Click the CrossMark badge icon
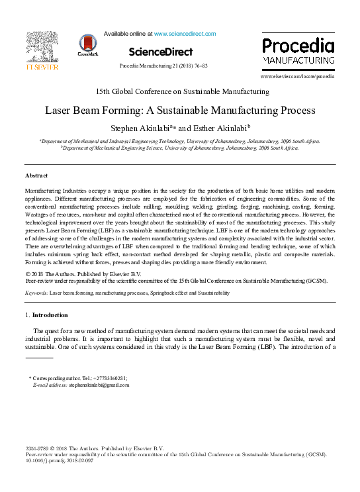tap(87, 44)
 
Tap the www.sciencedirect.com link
tap(185, 33)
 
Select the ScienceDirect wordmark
tap(161, 52)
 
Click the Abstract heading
tap(36, 175)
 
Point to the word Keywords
tap(36, 292)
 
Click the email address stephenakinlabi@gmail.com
tap(99, 384)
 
